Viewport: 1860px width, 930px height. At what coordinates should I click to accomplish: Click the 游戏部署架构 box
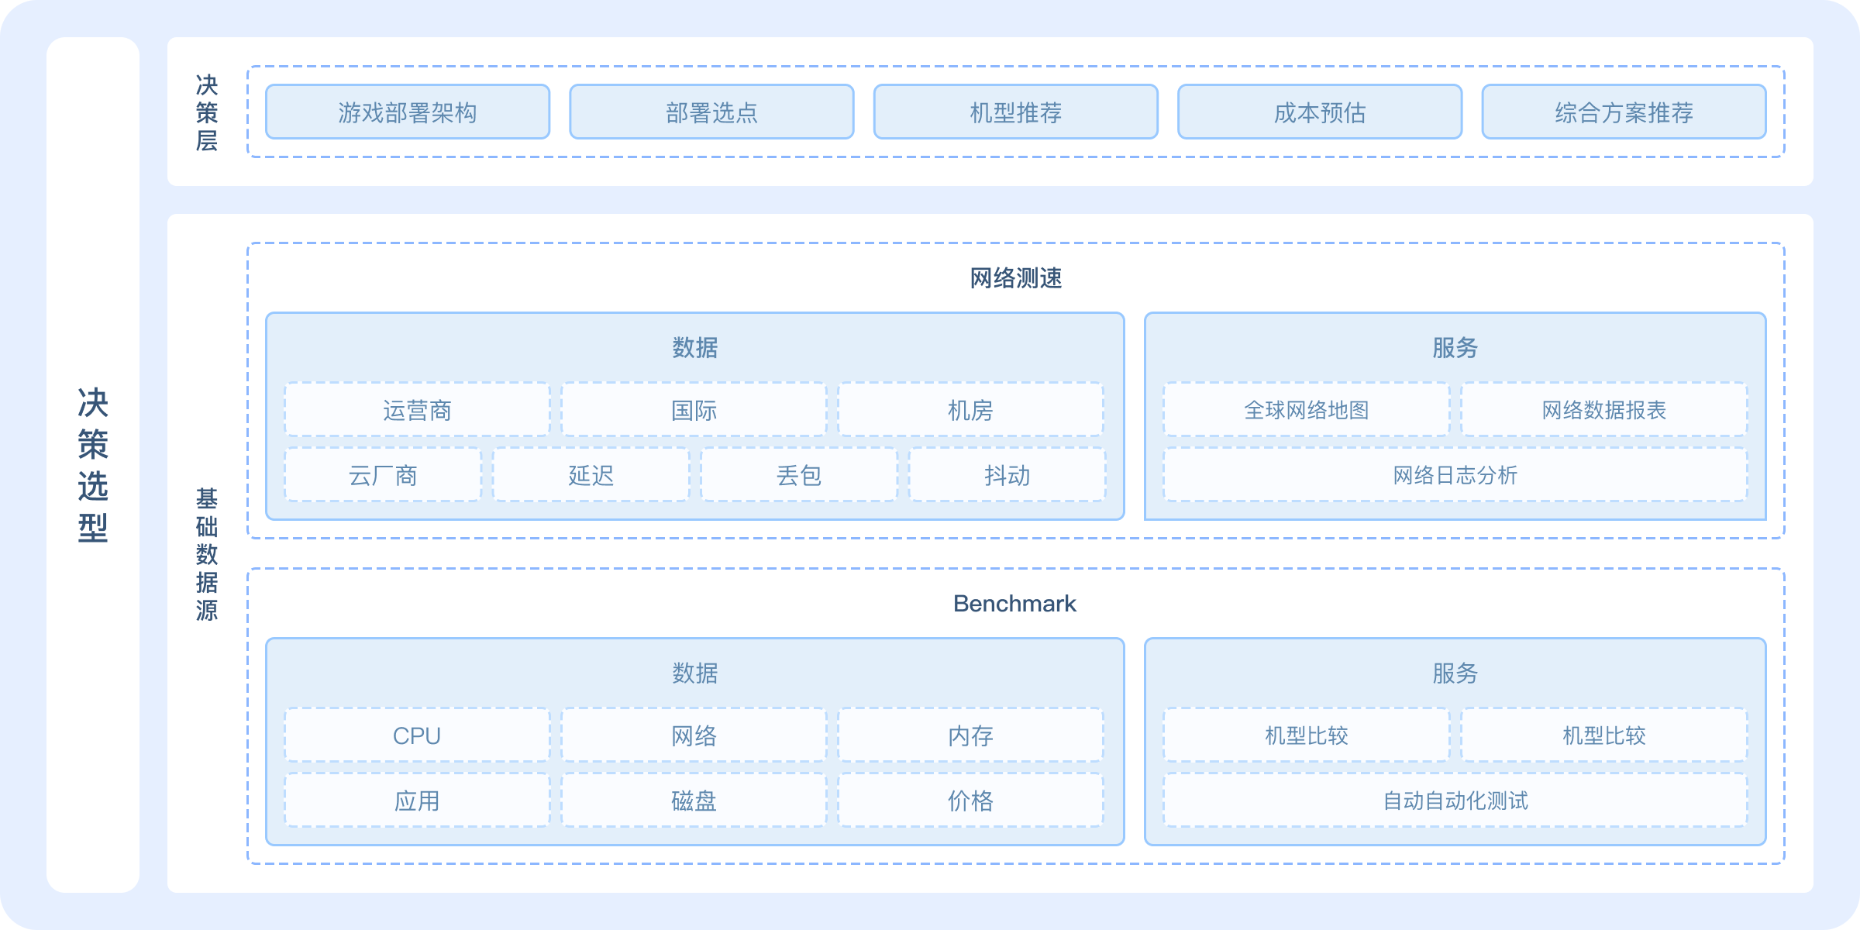click(408, 112)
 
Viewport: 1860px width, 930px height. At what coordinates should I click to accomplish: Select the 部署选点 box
click(711, 112)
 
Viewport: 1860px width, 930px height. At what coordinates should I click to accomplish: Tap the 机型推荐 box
click(1015, 112)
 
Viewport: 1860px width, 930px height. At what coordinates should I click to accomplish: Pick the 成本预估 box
click(1320, 112)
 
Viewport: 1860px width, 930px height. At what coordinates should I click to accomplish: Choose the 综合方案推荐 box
click(1624, 112)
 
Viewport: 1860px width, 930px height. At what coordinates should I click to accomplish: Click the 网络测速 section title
click(1015, 278)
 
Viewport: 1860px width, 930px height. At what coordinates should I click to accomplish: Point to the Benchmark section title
click(1014, 604)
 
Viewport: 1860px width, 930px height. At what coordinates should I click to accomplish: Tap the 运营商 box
click(417, 410)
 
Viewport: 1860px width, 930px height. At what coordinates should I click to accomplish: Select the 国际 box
click(694, 410)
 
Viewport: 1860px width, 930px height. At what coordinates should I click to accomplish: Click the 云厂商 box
click(383, 475)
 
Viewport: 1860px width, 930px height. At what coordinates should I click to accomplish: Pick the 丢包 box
click(799, 475)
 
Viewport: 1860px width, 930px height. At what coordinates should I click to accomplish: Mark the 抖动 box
click(1007, 475)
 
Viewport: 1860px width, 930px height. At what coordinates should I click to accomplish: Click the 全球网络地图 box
click(1306, 410)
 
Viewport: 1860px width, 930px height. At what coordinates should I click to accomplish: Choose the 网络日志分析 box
click(1455, 475)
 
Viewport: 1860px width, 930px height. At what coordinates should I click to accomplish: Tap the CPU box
click(417, 735)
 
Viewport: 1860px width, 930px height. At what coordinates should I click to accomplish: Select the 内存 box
click(970, 735)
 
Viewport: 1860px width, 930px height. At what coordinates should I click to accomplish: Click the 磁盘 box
click(694, 801)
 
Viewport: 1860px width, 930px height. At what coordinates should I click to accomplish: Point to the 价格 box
click(970, 801)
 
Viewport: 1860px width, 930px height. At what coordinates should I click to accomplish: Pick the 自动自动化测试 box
click(1455, 801)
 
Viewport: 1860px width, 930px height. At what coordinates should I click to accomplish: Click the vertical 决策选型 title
click(93, 465)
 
